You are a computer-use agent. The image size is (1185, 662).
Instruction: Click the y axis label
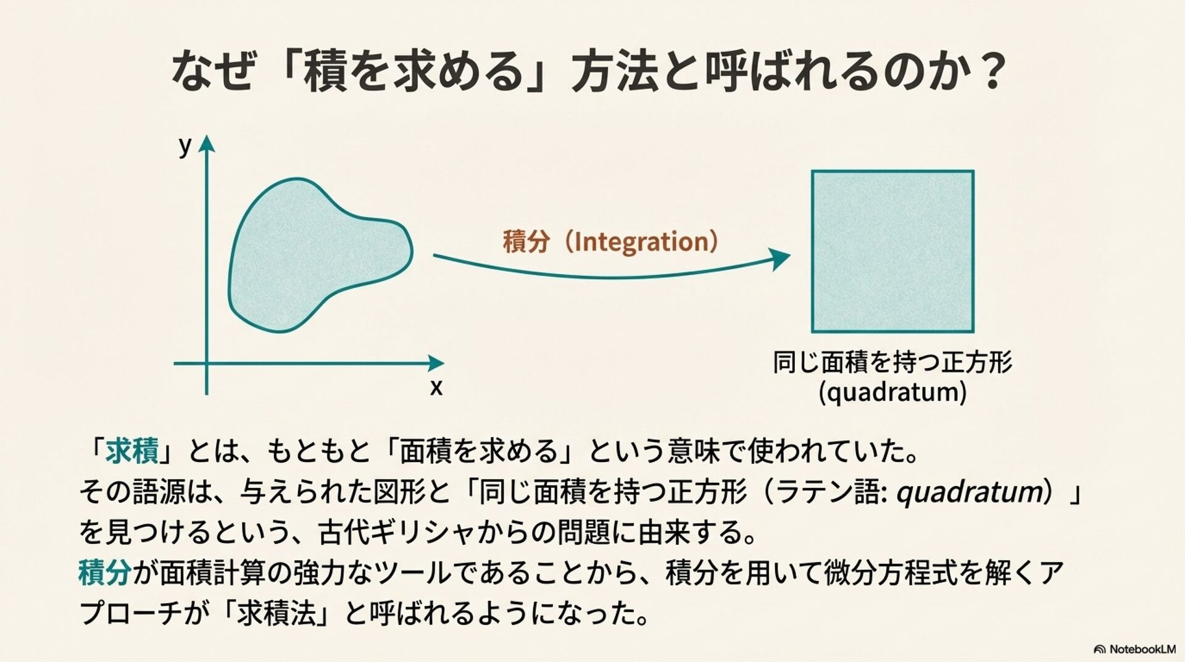pos(185,147)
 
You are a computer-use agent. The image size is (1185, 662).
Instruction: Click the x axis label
pos(436,388)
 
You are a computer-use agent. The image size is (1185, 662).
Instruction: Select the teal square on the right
pos(892,251)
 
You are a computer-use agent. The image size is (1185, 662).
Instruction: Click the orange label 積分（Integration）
pos(610,241)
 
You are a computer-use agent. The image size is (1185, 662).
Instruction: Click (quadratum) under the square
pos(892,392)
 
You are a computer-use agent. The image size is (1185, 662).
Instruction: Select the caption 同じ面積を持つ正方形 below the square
pos(892,362)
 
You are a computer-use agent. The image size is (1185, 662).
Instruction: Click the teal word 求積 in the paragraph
pos(132,451)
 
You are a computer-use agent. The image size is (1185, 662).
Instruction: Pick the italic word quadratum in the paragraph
pos(969,492)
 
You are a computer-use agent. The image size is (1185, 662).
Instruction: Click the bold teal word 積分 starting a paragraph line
pos(104,573)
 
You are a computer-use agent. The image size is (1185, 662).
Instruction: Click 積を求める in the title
pos(413,73)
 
